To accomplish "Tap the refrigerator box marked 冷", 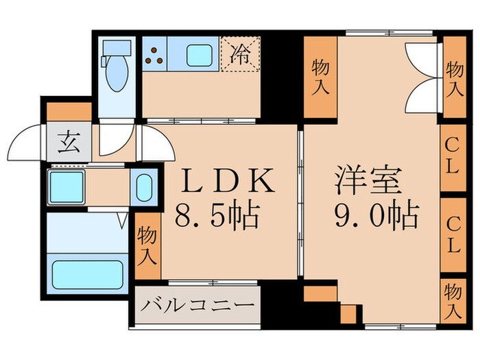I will [x=239, y=53].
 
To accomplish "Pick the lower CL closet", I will [x=451, y=235].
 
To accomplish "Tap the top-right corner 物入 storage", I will [x=453, y=77].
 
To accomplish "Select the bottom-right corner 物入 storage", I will [x=452, y=300].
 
